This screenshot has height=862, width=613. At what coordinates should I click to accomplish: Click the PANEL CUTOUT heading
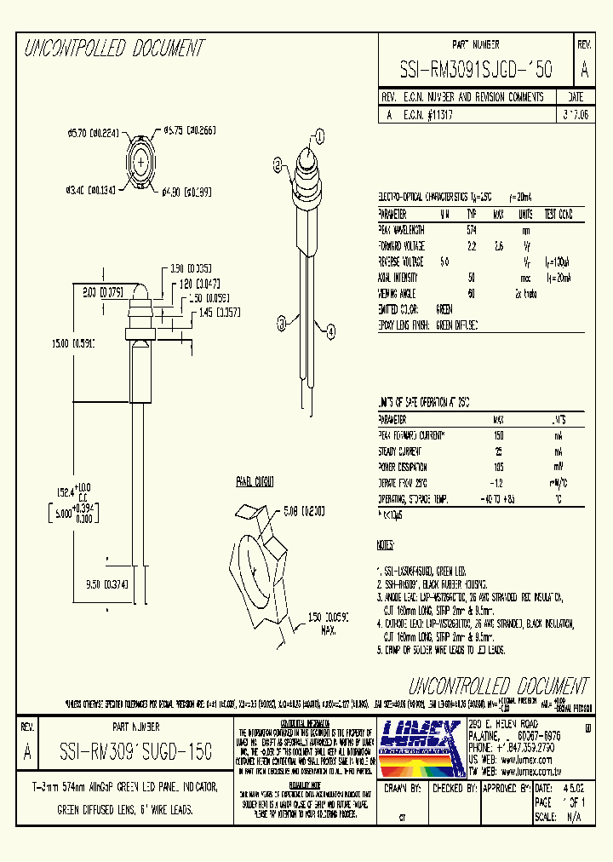pyautogui.click(x=255, y=482)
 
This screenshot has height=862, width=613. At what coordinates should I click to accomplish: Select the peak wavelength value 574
pyautogui.click(x=471, y=230)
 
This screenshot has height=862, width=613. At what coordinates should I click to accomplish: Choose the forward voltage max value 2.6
pyautogui.click(x=499, y=246)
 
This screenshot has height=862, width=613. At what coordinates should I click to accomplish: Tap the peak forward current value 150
pyautogui.click(x=498, y=435)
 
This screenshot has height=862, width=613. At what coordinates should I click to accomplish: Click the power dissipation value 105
pyautogui.click(x=498, y=466)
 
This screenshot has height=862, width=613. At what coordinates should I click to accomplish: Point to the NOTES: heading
pyautogui.click(x=386, y=544)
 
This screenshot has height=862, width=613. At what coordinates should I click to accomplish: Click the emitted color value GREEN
pyautogui.click(x=444, y=309)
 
